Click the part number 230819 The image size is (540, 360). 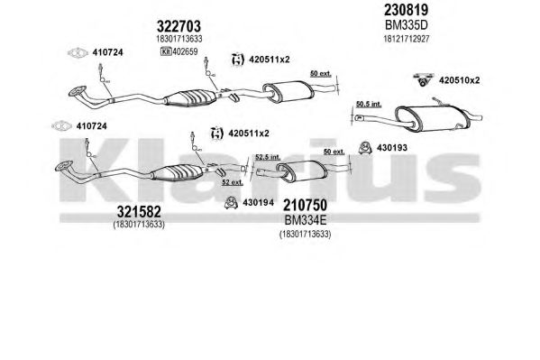[406, 10]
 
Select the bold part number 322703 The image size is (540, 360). [178, 26]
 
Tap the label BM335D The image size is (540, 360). [406, 25]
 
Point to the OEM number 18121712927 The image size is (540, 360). [407, 39]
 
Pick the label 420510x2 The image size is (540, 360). [459, 80]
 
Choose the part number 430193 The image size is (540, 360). [392, 148]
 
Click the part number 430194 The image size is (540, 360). [259, 203]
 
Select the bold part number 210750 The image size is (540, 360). [305, 205]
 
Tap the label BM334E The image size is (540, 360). [305, 219]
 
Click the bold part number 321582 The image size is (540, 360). [139, 211]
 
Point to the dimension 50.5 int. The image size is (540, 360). [369, 104]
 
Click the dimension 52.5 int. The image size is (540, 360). [268, 157]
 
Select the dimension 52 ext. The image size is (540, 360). [233, 182]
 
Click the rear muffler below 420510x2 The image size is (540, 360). [432, 118]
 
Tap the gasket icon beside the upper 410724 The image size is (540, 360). [78, 52]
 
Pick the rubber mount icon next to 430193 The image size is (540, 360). [365, 148]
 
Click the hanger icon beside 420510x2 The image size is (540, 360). [423, 79]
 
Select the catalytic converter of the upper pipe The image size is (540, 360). [190, 97]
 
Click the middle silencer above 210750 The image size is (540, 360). [301, 171]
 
